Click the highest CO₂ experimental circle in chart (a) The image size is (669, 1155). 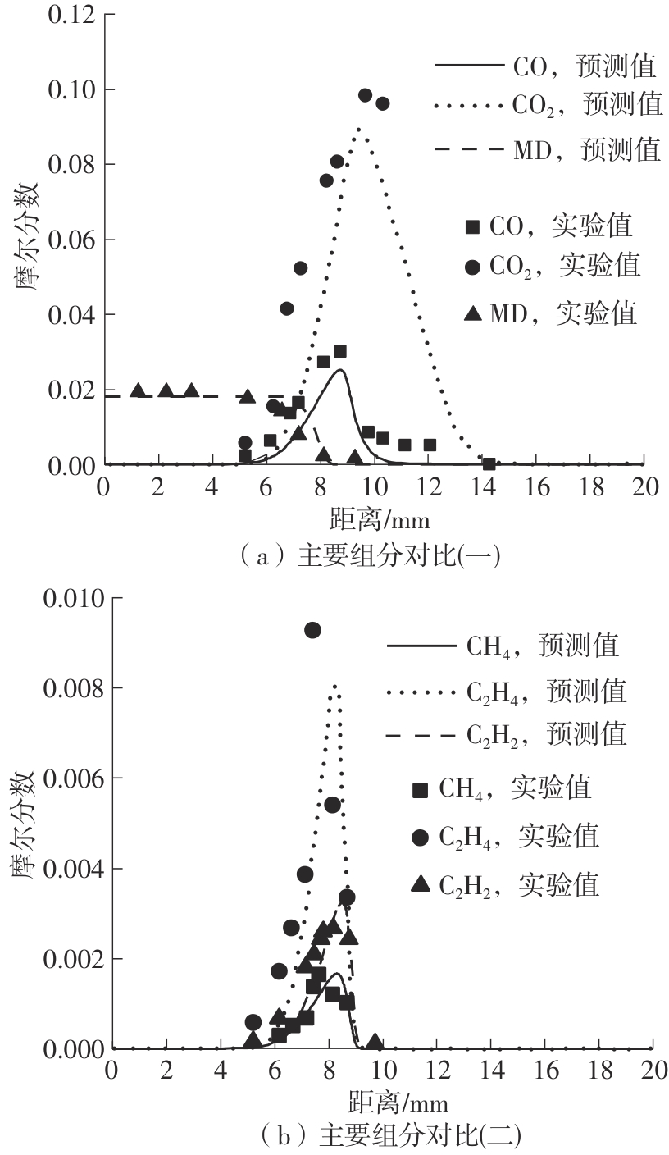[365, 95]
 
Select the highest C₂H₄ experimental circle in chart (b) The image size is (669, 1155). [312, 630]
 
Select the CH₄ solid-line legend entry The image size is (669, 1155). [502, 646]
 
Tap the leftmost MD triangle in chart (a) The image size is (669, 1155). [139, 390]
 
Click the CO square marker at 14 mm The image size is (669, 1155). [489, 463]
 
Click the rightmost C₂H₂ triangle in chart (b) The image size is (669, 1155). [374, 1042]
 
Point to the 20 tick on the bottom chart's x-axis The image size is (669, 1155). [653, 1070]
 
